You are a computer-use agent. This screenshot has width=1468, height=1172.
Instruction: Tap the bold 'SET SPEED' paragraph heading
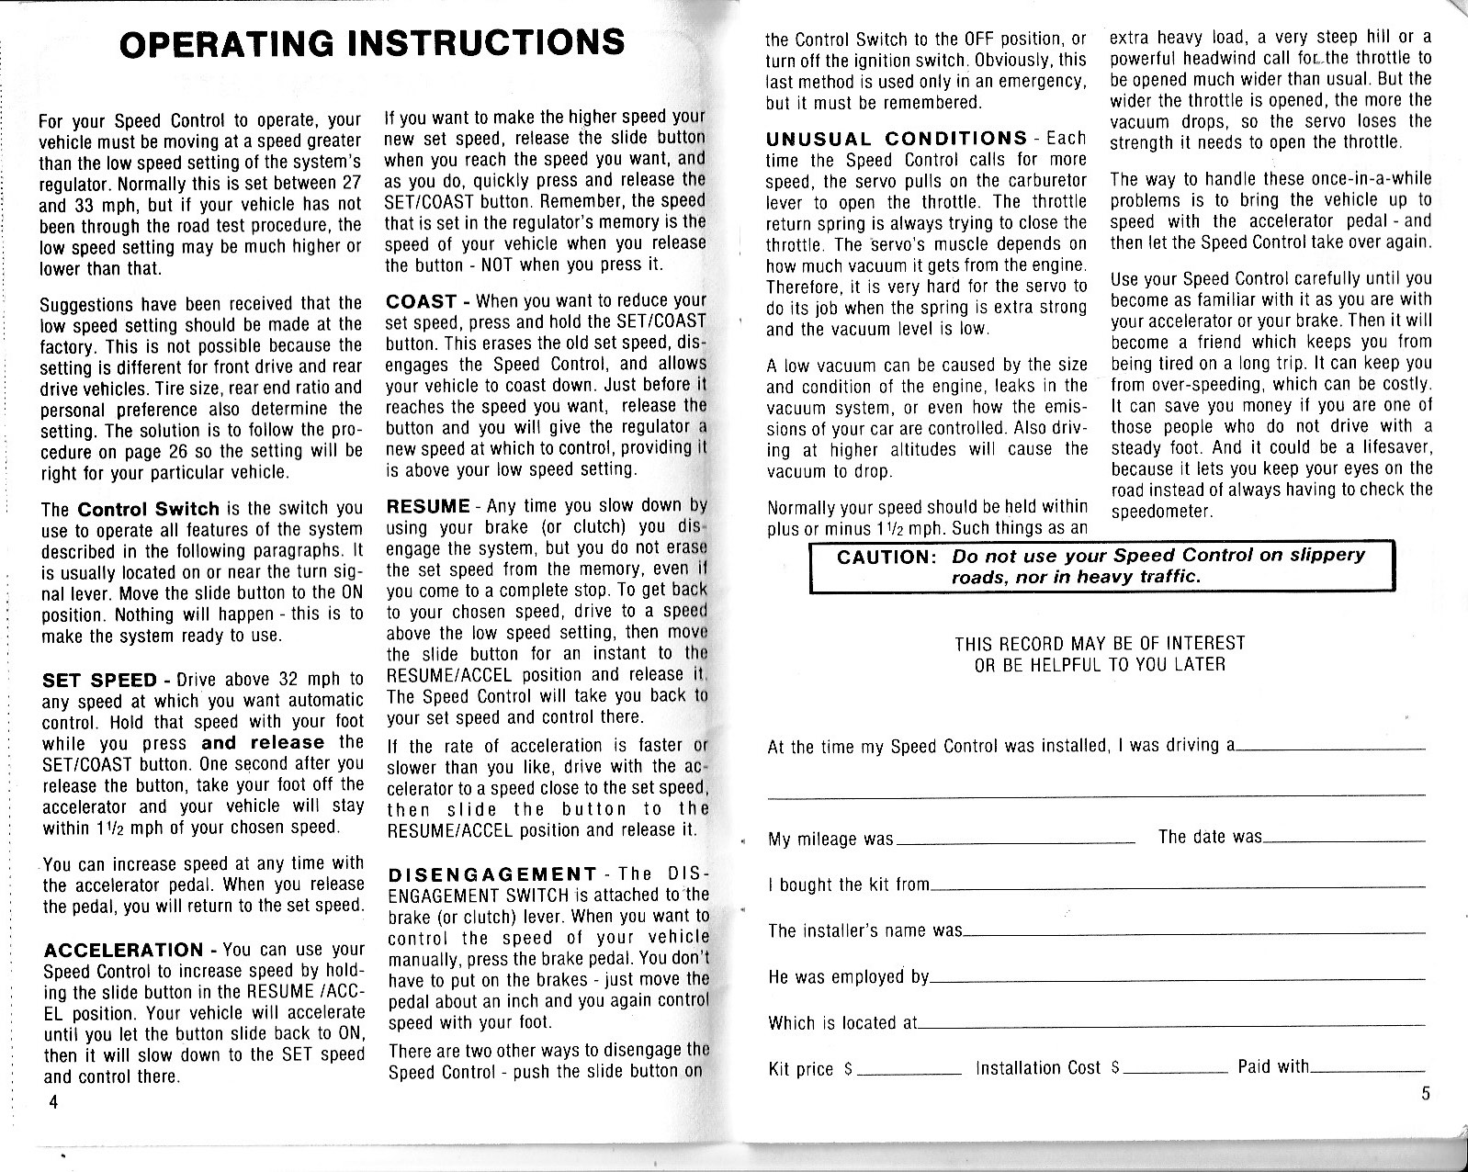tap(99, 681)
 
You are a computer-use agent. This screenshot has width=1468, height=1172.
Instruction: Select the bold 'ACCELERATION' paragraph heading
tap(123, 950)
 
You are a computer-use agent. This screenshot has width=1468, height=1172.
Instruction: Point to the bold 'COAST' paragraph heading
tap(422, 302)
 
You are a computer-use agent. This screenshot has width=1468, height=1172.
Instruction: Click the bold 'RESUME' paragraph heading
tap(428, 506)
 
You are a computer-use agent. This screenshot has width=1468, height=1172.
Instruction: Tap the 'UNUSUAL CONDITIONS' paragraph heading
tap(896, 139)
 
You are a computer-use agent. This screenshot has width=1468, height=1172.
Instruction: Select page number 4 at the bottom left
tap(54, 1102)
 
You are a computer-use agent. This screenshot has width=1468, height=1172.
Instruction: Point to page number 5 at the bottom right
tap(1424, 1093)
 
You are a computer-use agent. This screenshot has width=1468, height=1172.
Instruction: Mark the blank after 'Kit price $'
tap(909, 1072)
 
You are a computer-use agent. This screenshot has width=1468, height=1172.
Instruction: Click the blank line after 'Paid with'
tap(1367, 1070)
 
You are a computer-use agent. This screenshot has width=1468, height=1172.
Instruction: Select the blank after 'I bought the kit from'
tap(1177, 887)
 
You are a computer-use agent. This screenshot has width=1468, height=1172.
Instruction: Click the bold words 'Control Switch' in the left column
tap(148, 509)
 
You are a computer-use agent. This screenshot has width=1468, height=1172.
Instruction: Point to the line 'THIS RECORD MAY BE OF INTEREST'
tap(1100, 643)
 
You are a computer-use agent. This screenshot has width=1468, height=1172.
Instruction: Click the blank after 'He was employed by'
tap(1177, 979)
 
